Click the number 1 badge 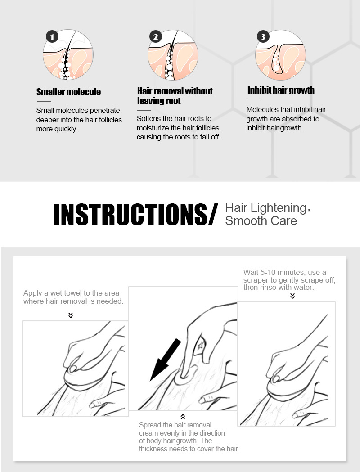point(52,37)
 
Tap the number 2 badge point(156,37)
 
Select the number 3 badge point(263,37)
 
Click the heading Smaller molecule point(69,92)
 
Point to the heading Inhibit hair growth point(281,90)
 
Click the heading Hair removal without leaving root point(175,96)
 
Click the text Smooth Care point(261,220)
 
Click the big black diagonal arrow point(166,360)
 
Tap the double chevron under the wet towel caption point(71,315)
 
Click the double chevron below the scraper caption point(292,296)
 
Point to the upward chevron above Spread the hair point(183,417)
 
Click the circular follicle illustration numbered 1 point(68,54)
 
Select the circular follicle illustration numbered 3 point(280,55)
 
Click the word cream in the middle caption point(148,433)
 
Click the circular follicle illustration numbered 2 point(173,55)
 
